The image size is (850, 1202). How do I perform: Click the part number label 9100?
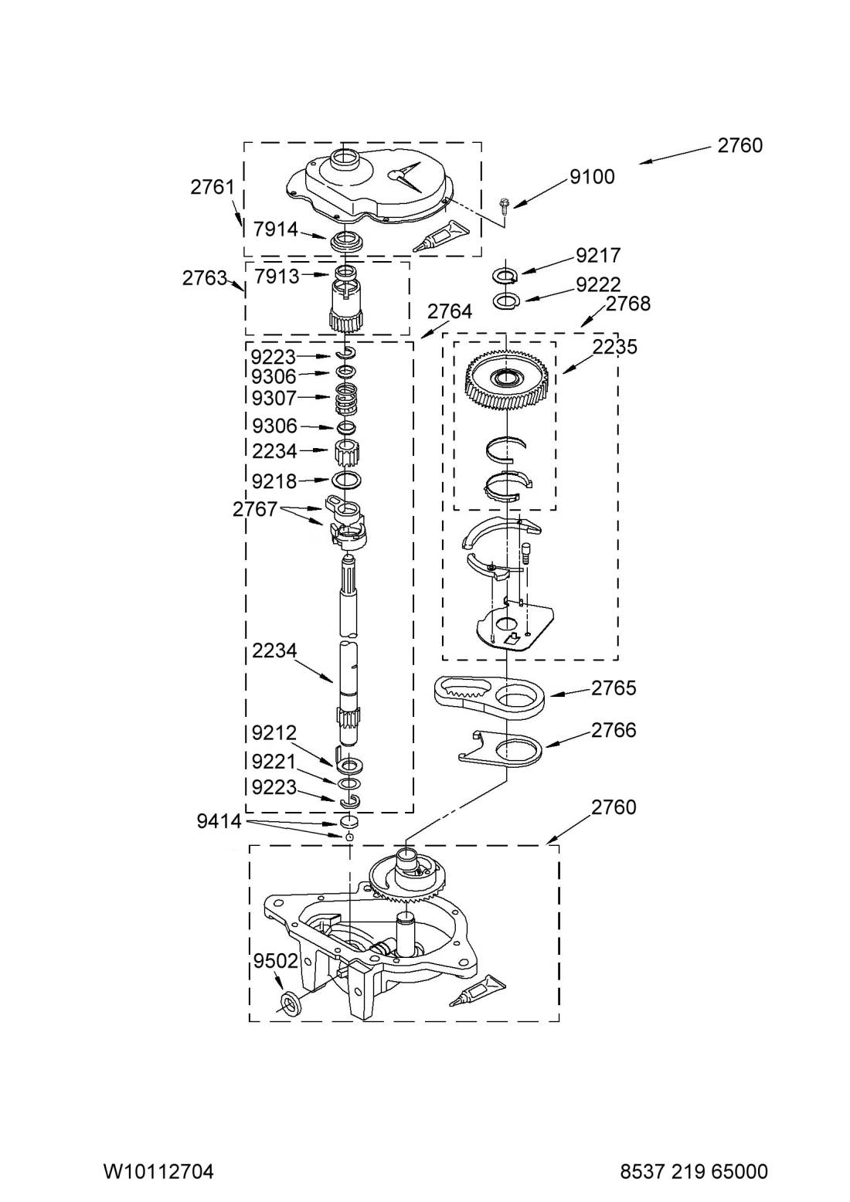pyautogui.click(x=592, y=177)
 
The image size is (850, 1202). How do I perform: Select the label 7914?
pyautogui.click(x=276, y=229)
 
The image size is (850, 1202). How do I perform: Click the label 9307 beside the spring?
pyautogui.click(x=274, y=398)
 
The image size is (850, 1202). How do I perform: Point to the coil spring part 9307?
pyautogui.click(x=347, y=399)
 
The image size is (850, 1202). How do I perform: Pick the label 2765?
pyautogui.click(x=614, y=688)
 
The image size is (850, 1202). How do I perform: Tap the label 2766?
pyautogui.click(x=614, y=730)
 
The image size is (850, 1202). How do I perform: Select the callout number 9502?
pyautogui.click(x=276, y=961)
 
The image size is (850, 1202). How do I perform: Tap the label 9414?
pyautogui.click(x=219, y=821)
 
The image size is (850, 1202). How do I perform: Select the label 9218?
pyautogui.click(x=274, y=481)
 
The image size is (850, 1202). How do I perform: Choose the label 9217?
pyautogui.click(x=598, y=255)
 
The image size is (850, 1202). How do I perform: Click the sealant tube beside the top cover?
pyautogui.click(x=440, y=236)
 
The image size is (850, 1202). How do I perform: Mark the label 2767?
pyautogui.click(x=255, y=509)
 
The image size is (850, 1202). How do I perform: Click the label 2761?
pyautogui.click(x=212, y=187)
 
